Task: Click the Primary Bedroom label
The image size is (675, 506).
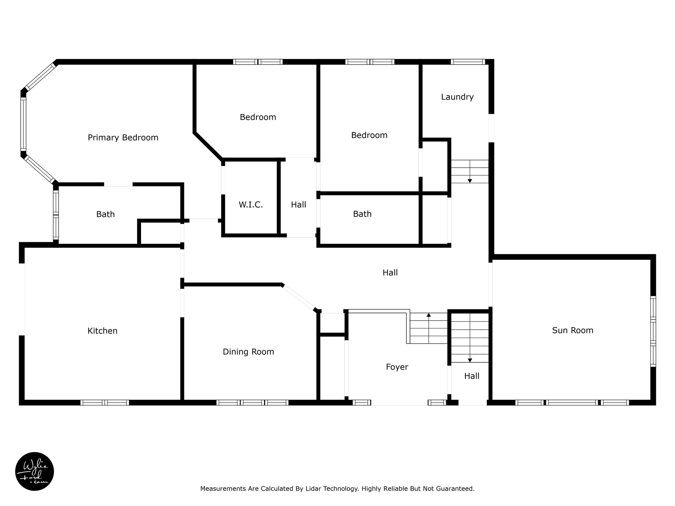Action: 123,138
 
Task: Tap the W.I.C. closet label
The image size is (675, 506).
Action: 251,205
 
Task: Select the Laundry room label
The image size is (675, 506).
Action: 457,97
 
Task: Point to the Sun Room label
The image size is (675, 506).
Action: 572,330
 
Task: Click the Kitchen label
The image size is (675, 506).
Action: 103,331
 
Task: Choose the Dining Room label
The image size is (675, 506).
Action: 249,352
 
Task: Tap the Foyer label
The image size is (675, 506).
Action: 397,367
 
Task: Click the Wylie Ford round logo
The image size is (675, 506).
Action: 35,471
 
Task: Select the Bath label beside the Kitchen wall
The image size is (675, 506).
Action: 105,214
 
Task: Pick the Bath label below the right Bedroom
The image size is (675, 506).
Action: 362,214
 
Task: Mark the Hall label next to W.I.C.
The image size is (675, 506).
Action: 299,205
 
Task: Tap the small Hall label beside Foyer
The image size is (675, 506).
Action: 472,376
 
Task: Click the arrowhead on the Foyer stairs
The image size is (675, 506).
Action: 428,315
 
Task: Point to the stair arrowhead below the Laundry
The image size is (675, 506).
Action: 470,181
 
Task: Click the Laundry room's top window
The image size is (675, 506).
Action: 468,62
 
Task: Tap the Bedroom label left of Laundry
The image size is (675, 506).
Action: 369,135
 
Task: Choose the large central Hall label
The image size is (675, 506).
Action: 390,273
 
